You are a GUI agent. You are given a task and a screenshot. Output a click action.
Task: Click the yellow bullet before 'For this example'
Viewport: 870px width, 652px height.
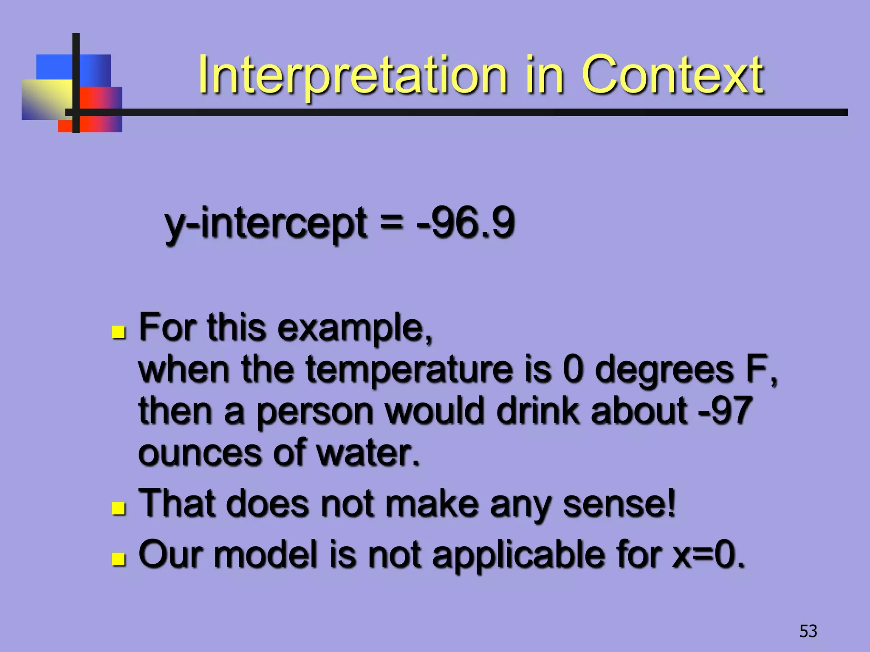tap(119, 332)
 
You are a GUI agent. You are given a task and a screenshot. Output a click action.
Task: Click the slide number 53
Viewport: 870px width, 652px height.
tap(808, 631)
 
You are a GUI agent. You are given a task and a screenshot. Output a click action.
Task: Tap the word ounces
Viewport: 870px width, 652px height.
tap(199, 453)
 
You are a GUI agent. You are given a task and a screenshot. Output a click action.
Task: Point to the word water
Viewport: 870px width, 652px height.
tap(368, 453)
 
